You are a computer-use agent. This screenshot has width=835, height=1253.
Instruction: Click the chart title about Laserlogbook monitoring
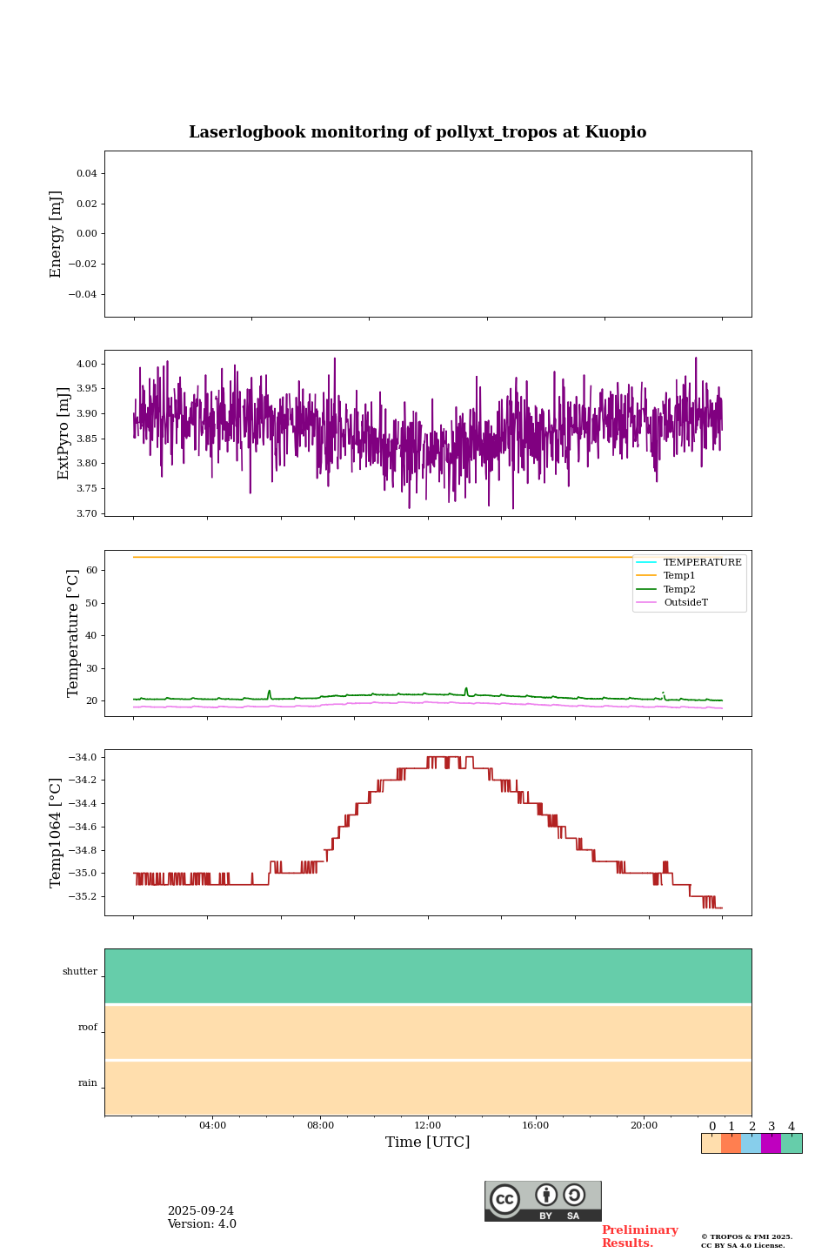pos(417,132)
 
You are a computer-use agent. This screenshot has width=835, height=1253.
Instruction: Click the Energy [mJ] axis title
pos(57,234)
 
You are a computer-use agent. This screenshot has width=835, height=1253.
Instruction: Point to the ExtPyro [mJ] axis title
pos(63,433)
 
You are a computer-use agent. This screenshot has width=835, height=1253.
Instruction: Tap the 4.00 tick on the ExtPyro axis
pos(88,364)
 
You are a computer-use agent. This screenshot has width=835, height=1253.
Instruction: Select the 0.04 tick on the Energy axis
pos(86,174)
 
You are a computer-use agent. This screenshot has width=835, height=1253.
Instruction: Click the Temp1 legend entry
pos(679,576)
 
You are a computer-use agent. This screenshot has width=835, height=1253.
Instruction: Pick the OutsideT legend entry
pos(685,603)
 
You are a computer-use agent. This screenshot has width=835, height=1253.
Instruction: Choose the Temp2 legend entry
pos(679,589)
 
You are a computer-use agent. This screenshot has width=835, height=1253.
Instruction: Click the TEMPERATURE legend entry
pos(702,563)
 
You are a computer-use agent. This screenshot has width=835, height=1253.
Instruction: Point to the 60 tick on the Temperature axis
pos(92,571)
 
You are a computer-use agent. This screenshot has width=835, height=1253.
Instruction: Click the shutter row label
pos(80,972)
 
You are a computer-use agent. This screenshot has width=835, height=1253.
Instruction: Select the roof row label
pos(88,1028)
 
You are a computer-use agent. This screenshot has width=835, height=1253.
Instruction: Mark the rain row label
pos(88,1083)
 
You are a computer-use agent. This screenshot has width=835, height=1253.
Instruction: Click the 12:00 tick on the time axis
pos(428,1126)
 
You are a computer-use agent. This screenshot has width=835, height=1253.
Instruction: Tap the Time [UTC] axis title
pos(428,1142)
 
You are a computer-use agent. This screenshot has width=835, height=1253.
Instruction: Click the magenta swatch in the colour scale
pos(771,1143)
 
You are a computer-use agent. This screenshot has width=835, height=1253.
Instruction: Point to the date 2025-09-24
pos(201,1211)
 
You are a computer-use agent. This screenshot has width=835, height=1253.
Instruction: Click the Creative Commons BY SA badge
pos(543,1201)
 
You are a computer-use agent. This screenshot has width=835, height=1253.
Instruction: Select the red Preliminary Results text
pos(639,1236)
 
